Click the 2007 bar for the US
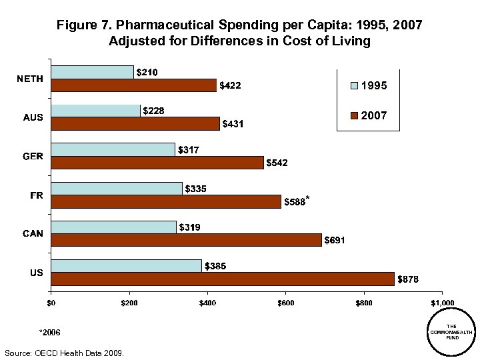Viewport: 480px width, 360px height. (222, 279)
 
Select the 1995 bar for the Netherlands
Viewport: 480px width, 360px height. (92, 72)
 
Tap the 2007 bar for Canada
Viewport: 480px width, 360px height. (186, 240)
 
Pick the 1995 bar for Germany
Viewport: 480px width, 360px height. (113, 149)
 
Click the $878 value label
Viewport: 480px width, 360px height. (408, 279)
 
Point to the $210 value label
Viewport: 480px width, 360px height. (147, 72)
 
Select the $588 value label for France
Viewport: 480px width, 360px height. (295, 201)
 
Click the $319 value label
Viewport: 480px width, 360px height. (189, 227)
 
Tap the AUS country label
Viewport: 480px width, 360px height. (33, 117)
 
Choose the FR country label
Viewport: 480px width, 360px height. (37, 195)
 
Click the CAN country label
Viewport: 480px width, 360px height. (33, 233)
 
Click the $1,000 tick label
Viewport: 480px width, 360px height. (442, 303)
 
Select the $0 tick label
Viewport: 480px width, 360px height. (51, 303)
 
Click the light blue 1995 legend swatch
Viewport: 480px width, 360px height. (355, 86)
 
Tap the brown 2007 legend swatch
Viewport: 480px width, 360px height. (355, 116)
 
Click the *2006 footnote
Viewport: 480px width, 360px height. (50, 331)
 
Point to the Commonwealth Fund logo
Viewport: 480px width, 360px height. (451, 331)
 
